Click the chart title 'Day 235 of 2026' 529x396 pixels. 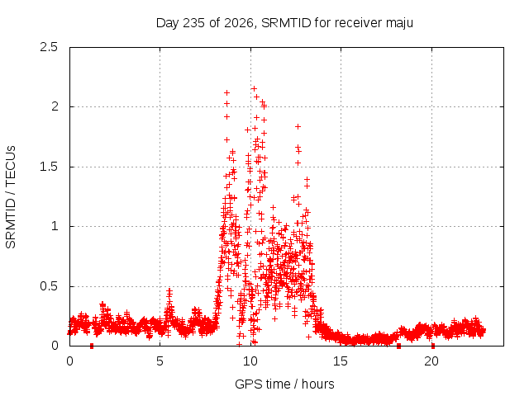click(205, 23)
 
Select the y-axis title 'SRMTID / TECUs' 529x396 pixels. click(11, 197)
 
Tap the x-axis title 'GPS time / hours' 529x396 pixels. click(284, 384)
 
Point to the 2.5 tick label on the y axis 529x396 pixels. click(49, 47)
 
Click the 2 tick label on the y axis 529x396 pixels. click(55, 106)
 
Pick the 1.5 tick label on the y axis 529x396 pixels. click(49, 167)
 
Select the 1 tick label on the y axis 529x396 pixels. click(55, 226)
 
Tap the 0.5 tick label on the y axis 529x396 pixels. click(49, 286)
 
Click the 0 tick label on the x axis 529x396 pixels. click(69, 361)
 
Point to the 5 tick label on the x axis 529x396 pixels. click(160, 361)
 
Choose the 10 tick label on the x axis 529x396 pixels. click(250, 361)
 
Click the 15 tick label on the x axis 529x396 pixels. click(341, 361)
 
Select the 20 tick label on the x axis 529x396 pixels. click(431, 361)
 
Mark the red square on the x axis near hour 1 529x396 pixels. click(92, 346)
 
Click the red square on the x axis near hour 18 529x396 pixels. click(398, 346)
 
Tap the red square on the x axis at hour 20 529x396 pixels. click(433, 346)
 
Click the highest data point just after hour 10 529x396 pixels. click(254, 88)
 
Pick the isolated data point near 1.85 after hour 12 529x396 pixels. click(298, 126)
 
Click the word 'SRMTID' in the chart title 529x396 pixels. click(286, 23)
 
